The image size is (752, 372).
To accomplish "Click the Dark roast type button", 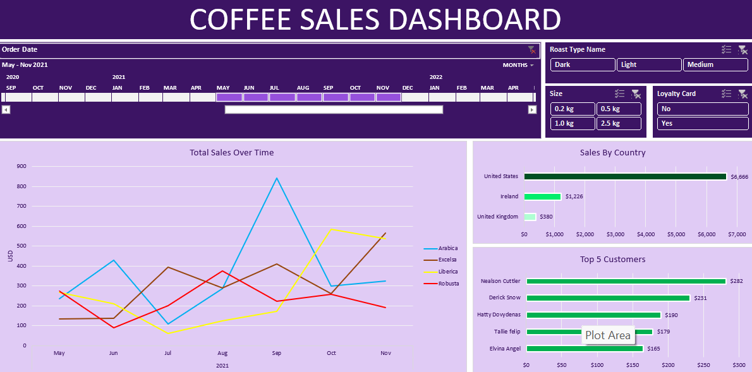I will [582, 64].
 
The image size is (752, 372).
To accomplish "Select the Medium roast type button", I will [715, 64].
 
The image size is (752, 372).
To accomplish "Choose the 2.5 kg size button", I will [619, 123].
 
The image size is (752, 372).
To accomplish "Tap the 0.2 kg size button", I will [573, 109].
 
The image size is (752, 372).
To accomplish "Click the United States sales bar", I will [625, 177].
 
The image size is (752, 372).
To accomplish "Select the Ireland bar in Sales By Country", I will [542, 196].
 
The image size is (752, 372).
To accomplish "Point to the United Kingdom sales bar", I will [530, 217].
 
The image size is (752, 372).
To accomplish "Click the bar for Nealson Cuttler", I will [626, 281].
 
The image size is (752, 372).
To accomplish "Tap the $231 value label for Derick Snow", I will [700, 298].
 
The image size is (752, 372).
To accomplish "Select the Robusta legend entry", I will [447, 284].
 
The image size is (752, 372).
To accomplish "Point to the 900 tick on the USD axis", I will [21, 167].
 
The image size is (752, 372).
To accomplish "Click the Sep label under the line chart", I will [276, 353].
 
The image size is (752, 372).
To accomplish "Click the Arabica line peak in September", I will [276, 178].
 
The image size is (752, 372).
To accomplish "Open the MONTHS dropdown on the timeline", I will [518, 65].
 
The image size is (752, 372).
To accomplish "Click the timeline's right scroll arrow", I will [532, 110].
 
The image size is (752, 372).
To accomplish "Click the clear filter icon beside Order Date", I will [531, 49].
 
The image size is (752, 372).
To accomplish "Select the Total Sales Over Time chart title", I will [232, 152].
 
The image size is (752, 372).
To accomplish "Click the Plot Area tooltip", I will [608, 335].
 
